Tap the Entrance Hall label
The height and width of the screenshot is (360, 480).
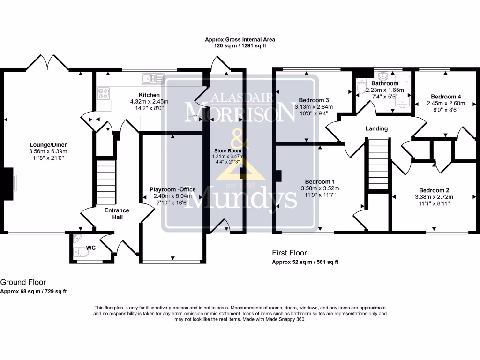click(x=117, y=214)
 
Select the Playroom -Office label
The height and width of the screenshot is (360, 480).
click(x=172, y=189)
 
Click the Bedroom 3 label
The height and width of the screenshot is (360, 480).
click(x=314, y=100)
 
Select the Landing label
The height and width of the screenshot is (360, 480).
click(x=377, y=128)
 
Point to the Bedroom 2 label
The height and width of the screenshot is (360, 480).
click(x=434, y=190)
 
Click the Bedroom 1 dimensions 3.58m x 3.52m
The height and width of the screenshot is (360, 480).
click(x=320, y=188)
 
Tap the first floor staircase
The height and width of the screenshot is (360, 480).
click(x=379, y=164)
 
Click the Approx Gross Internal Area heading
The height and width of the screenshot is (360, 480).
click(x=240, y=40)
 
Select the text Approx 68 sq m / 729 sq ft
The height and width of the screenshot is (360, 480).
click(x=33, y=291)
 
